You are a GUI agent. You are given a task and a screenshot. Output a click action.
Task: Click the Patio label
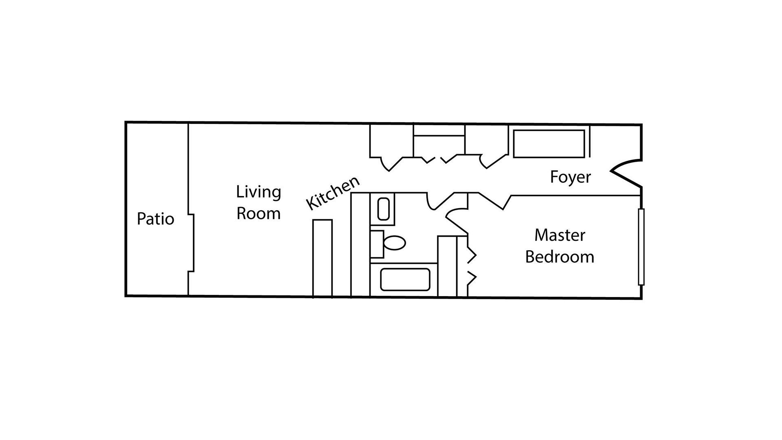coord(155,219)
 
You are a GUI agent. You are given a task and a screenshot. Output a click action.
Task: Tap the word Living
coord(259,192)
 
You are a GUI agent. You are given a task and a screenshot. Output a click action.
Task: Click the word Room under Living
coord(259,213)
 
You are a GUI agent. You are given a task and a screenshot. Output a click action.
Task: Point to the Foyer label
coord(570,177)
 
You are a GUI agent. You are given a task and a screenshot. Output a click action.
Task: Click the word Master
coord(560,235)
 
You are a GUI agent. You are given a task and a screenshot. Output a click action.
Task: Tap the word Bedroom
coord(560,257)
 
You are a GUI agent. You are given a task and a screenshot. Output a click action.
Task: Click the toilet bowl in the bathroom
coord(394,243)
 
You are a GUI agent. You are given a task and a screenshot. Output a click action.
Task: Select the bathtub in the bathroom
coord(405,279)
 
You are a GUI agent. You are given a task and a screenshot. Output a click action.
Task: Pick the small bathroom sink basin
coord(383,209)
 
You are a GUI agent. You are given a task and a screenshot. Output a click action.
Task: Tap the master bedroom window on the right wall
coord(641,246)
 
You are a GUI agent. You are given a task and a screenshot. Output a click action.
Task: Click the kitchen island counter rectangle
coord(322,258)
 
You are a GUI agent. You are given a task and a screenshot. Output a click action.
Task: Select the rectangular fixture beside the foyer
coord(549,143)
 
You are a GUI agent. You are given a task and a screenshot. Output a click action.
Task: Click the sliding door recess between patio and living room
coord(191,242)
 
